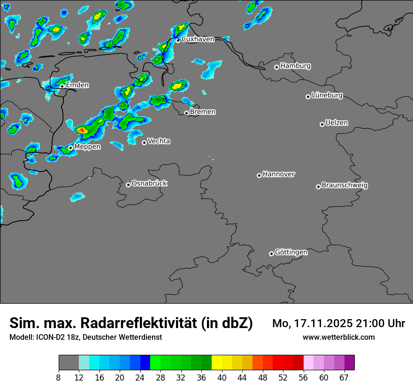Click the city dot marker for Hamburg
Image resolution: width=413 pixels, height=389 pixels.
click(277, 67)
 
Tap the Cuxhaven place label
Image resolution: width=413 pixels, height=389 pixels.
click(198, 39)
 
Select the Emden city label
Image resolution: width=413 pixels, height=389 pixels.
click(77, 85)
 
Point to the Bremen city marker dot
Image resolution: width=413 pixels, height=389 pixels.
click(186, 113)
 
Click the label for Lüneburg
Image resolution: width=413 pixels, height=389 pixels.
click(327, 96)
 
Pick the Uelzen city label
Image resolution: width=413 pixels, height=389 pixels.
click(337, 123)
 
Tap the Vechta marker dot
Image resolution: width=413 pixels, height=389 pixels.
click(144, 142)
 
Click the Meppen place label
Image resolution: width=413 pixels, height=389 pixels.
click(87, 147)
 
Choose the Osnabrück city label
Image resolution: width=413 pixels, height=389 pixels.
click(149, 183)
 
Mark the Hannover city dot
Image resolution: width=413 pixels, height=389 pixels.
click(259, 176)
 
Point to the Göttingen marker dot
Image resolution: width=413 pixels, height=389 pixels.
click(271, 254)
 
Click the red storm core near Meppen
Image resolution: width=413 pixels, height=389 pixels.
click(81, 130)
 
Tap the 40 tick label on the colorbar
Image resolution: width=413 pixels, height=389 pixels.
click(222, 378)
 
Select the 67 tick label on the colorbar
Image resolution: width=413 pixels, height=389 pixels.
click(344, 378)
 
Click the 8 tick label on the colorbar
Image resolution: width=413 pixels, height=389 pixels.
click(59, 378)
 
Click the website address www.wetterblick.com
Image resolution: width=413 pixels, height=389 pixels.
click(338, 337)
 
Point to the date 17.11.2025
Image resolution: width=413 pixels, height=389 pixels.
click(322, 323)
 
